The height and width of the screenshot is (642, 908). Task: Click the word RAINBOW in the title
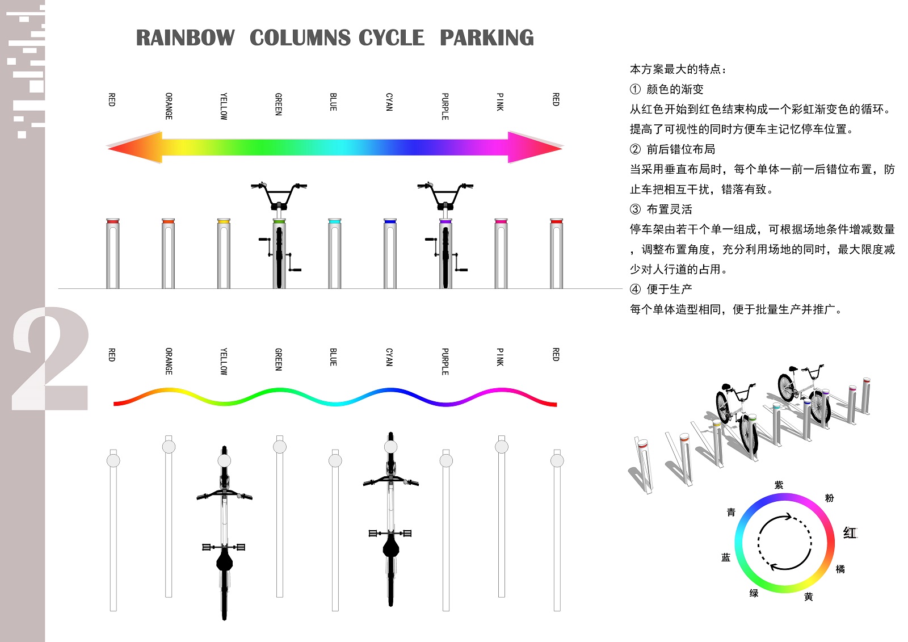tap(185, 37)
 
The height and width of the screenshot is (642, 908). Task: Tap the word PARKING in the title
tap(487, 37)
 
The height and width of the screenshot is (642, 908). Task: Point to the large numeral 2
tap(51, 359)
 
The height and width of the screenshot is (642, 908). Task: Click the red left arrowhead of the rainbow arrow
tap(134, 147)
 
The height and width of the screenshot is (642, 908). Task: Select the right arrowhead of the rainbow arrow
tap(535, 147)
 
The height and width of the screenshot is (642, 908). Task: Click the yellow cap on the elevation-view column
tap(224, 221)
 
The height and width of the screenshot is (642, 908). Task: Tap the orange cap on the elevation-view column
tap(168, 221)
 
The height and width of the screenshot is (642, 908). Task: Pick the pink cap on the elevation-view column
tap(501, 221)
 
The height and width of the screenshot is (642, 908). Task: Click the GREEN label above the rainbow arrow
tap(279, 104)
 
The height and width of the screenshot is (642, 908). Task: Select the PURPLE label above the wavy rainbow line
tap(445, 362)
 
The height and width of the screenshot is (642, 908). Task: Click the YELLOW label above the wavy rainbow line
tap(224, 362)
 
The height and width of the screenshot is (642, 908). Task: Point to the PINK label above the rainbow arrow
tap(501, 102)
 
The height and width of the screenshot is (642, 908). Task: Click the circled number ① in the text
tap(635, 89)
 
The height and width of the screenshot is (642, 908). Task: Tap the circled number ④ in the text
tap(635, 289)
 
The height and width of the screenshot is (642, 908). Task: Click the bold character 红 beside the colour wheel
tap(850, 533)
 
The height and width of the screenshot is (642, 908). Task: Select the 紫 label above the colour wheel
tap(779, 485)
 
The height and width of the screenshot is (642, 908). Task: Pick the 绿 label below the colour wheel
tap(754, 593)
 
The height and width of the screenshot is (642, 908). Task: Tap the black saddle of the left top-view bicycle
tap(225, 560)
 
